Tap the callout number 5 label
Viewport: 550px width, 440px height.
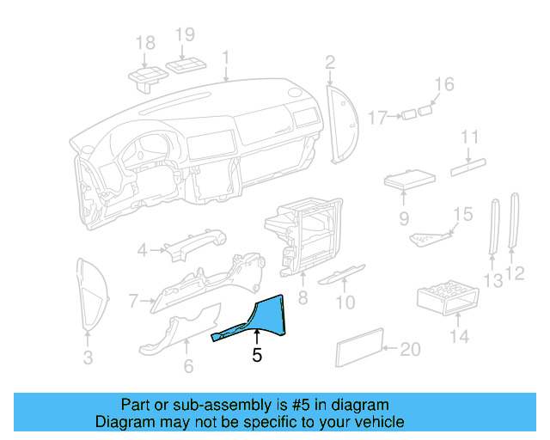[257, 355]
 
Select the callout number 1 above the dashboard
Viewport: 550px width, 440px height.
[226, 58]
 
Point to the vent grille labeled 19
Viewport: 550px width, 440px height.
[186, 66]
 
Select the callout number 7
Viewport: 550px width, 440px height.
[133, 301]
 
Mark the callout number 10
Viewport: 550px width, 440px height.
[345, 302]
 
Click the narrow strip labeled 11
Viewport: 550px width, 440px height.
[469, 168]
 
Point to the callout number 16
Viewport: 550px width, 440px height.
[443, 84]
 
